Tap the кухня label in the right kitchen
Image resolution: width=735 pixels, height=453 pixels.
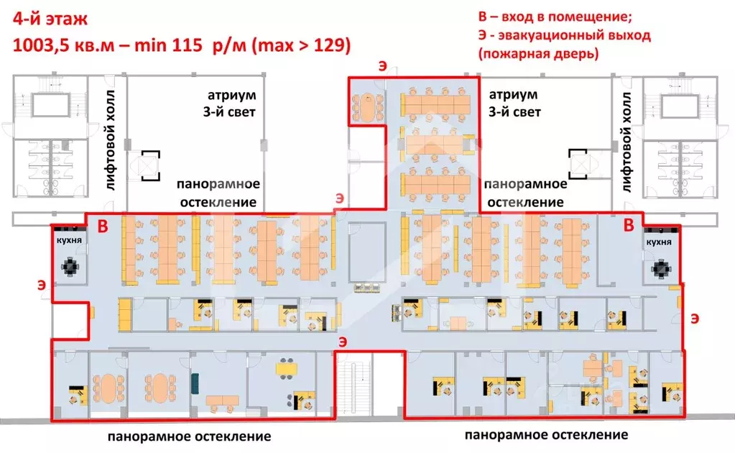pos(658,242)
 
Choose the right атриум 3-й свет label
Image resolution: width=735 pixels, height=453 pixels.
pos(514,104)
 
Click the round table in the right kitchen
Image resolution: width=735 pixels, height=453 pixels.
pos(660,269)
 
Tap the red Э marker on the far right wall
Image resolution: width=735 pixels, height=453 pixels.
pos(694,316)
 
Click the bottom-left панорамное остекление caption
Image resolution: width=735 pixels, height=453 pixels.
pos(190,436)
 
